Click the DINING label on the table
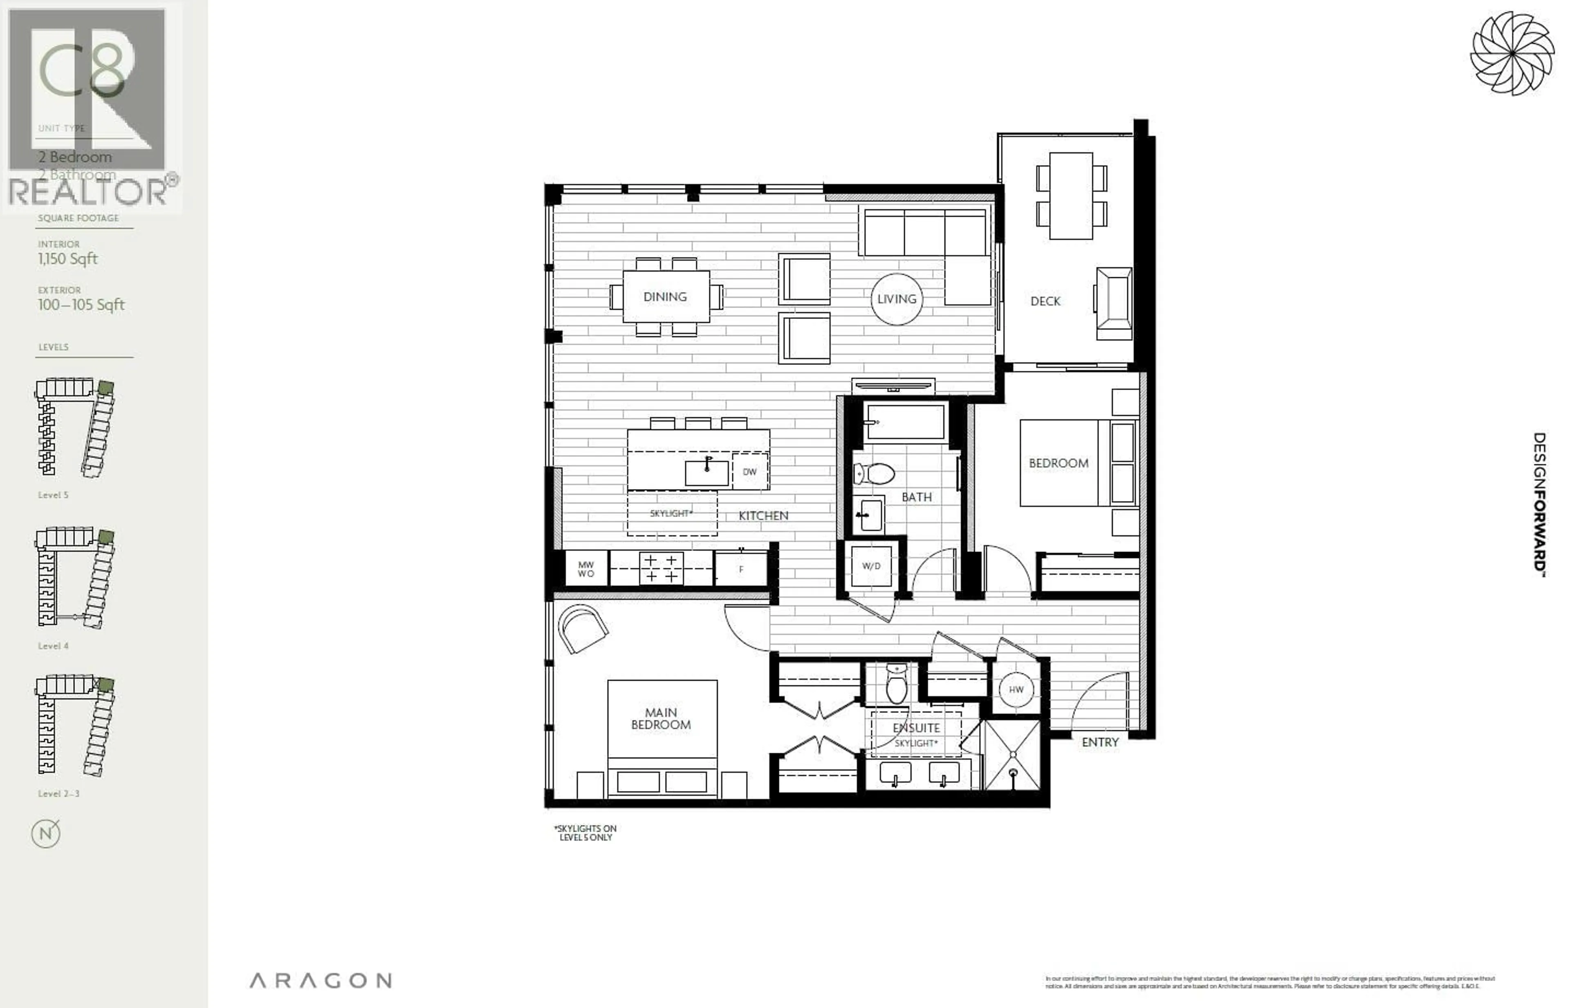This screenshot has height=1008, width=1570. click(x=665, y=296)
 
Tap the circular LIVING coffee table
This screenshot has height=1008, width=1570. click(x=896, y=299)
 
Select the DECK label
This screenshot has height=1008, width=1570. click(x=1045, y=301)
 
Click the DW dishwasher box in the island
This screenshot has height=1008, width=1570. click(x=749, y=471)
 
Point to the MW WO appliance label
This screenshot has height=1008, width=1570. click(x=586, y=569)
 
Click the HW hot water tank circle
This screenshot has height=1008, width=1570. click(x=1016, y=689)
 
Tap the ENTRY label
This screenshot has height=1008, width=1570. click(x=1100, y=742)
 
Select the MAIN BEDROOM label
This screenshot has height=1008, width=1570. click(x=661, y=718)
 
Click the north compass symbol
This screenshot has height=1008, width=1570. click(x=46, y=833)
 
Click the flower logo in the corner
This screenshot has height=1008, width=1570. click(x=1512, y=54)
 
